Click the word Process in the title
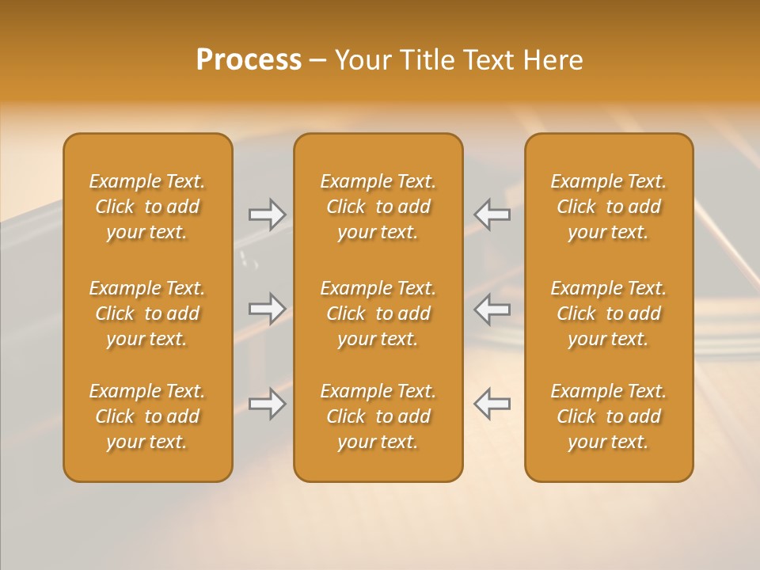249,60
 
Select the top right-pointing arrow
267,215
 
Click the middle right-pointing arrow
267,309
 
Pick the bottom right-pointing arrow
267,404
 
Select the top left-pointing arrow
492,215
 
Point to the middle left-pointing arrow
492,309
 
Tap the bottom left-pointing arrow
492,404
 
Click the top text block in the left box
147,207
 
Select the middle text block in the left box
147,313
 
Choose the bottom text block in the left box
147,416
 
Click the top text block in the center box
378,207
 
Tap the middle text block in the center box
378,313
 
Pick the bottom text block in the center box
378,416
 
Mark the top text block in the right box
609,207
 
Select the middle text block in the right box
609,313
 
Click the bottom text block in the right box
609,416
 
